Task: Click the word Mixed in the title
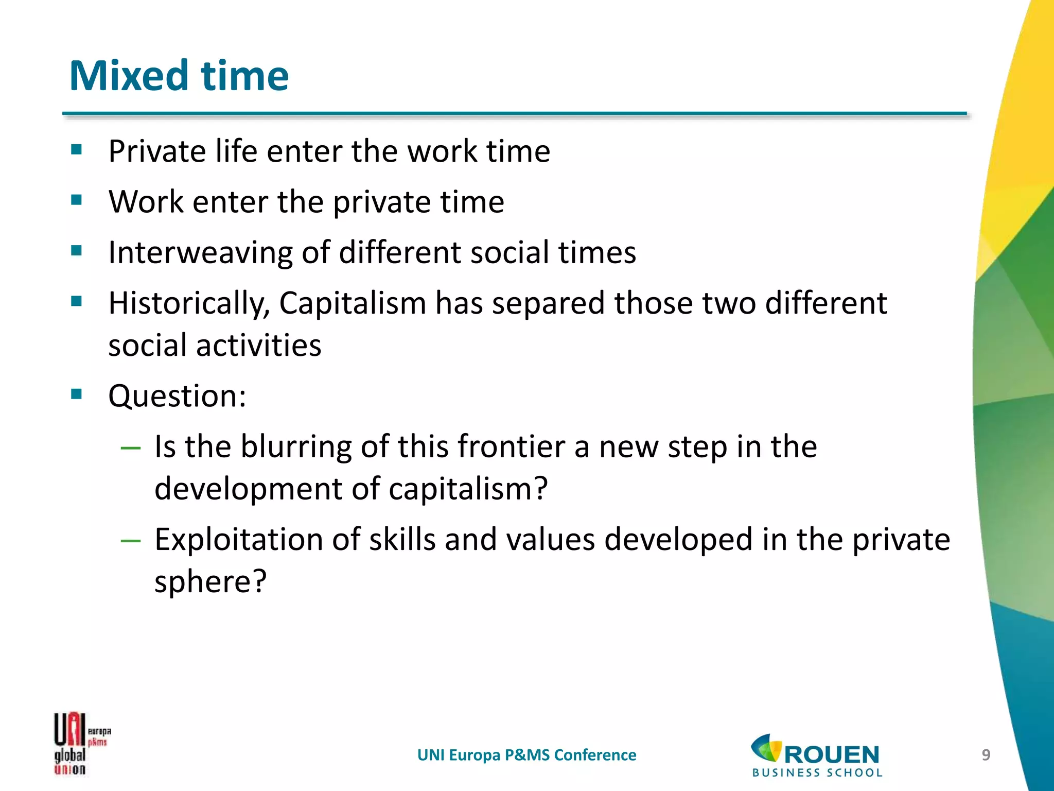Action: (x=129, y=76)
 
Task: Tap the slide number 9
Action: (x=986, y=755)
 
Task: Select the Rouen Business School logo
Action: (x=817, y=755)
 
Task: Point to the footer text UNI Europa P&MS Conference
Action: (x=526, y=755)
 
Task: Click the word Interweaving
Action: (x=200, y=253)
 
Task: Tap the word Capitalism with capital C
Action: (x=353, y=303)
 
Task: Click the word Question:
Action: (x=177, y=396)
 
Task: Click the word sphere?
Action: (x=210, y=582)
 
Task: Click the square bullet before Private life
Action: (x=77, y=150)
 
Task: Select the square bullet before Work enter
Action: (x=77, y=200)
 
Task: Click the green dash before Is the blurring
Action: (x=130, y=448)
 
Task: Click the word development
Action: (x=248, y=489)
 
